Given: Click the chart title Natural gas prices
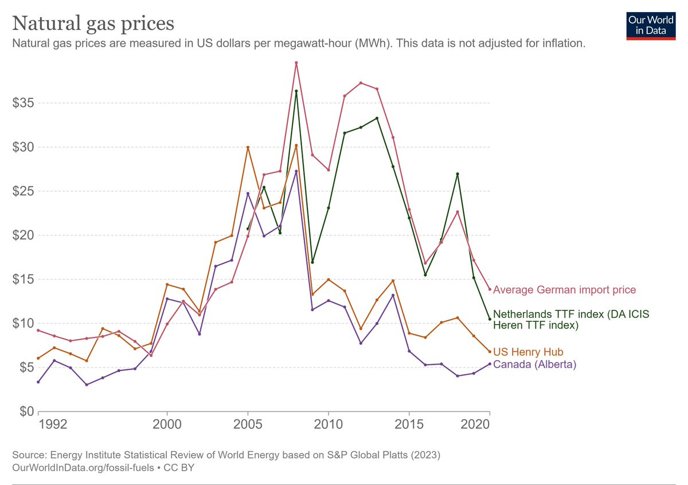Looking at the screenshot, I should click(x=93, y=23).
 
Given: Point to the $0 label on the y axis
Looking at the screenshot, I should click(x=25, y=411).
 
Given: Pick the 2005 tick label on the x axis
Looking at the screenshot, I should click(x=248, y=425).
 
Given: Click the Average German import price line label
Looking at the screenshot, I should click(x=564, y=290).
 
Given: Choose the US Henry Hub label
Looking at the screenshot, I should click(x=528, y=352).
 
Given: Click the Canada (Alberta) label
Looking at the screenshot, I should click(x=534, y=364).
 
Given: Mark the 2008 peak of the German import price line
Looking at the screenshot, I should click(x=296, y=63).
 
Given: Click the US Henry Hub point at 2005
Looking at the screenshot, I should click(x=248, y=147).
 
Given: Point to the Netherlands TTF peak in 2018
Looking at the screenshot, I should click(x=458, y=174).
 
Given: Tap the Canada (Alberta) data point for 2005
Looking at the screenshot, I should click(x=248, y=194).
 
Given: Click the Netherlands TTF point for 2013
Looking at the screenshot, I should click(x=377, y=118).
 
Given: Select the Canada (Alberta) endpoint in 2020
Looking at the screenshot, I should click(x=490, y=364).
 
